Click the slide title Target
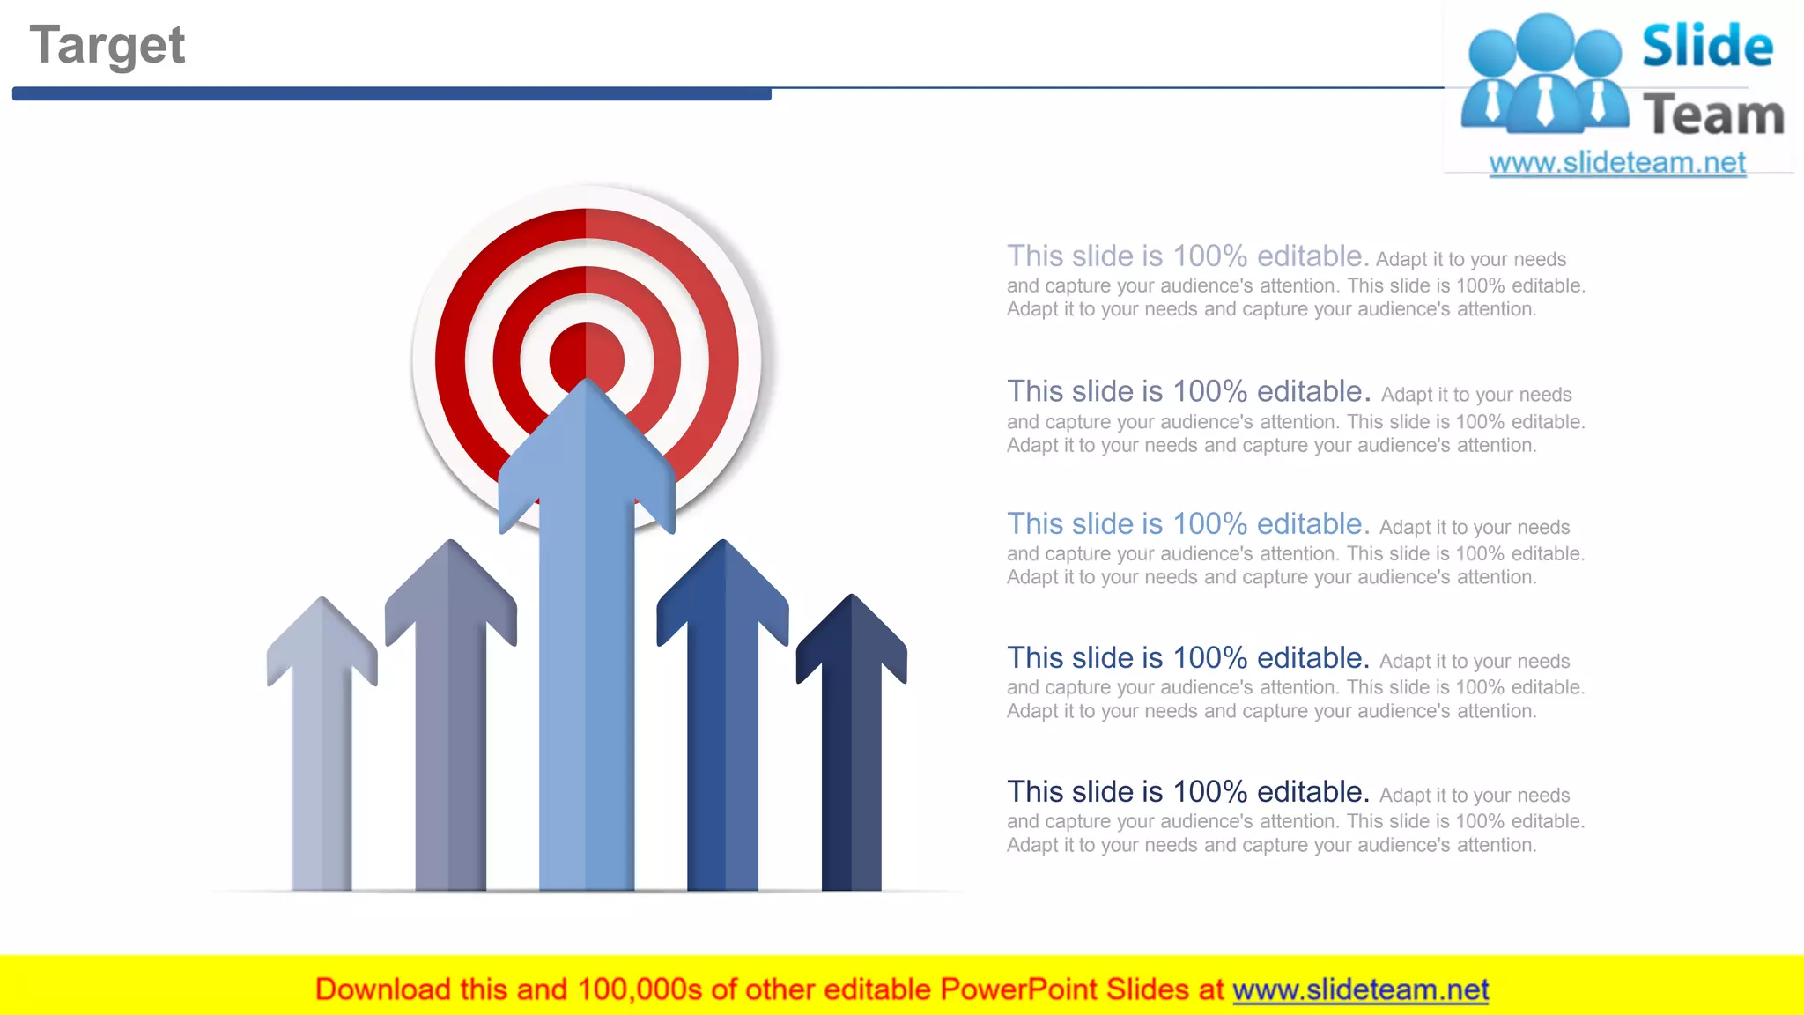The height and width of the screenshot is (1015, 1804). click(x=107, y=46)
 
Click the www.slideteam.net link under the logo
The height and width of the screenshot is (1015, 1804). click(x=1616, y=163)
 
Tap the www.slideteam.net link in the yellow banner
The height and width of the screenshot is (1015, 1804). click(x=1360, y=990)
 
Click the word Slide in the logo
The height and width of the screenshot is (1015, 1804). click(x=1707, y=46)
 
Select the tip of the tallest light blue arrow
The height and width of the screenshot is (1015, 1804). click(x=587, y=388)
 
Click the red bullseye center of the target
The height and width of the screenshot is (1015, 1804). click(x=587, y=348)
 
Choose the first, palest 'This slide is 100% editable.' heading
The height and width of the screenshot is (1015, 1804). click(x=1187, y=256)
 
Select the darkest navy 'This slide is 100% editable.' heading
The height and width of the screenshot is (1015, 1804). click(x=1187, y=792)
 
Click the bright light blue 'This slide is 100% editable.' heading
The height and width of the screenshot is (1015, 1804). click(x=1187, y=524)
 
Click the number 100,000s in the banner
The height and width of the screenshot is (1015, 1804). click(x=640, y=990)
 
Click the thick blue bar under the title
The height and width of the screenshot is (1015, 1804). click(x=392, y=93)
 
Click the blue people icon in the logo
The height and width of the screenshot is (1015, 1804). click(x=1544, y=75)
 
